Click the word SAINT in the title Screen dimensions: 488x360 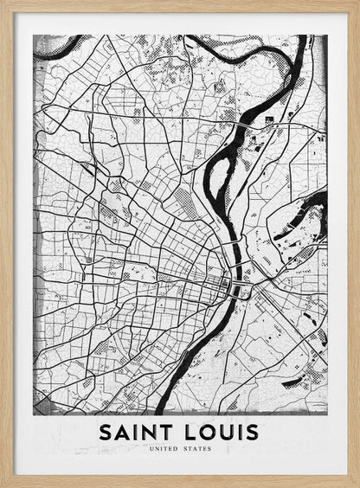[136, 432]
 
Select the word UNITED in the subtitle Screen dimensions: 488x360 [164, 450]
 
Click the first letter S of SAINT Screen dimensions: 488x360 [105, 432]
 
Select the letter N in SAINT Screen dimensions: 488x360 [150, 432]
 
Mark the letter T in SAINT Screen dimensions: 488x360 [167, 432]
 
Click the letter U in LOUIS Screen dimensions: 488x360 [224, 432]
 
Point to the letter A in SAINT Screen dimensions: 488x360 [122, 432]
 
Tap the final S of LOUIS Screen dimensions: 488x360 [252, 432]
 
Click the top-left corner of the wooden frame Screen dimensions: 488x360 [3, 3]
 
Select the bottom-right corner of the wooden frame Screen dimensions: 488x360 [357, 485]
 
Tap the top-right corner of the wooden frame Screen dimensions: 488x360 [357, 3]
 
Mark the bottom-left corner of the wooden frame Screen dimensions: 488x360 [3, 485]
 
